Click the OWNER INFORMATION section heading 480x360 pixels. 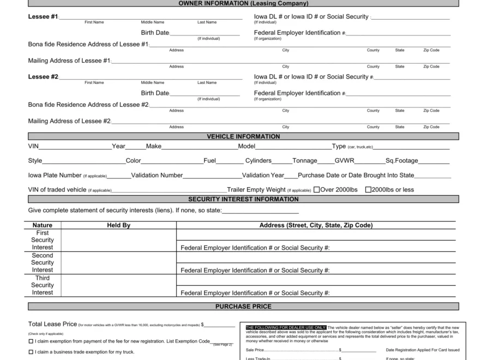tap(243, 3)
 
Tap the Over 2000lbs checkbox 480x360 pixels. tap(316, 190)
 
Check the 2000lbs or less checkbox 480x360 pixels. tap(368, 190)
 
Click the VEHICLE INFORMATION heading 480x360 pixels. tap(243, 136)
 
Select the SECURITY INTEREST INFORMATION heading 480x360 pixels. tap(243, 199)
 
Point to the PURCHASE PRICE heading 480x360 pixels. tap(243, 307)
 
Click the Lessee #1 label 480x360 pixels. tap(43, 16)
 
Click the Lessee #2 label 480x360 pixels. tap(43, 77)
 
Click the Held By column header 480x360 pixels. tap(118, 225)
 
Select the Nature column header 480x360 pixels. tap(43, 225)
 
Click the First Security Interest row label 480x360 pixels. tap(43, 240)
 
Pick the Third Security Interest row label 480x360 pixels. tap(43, 285)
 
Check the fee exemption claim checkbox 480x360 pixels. tap(31, 341)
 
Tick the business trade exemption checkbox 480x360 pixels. tap(31, 352)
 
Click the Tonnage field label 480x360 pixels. tap(305, 161)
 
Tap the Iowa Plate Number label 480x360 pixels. tap(55, 176)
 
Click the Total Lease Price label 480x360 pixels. tap(52, 324)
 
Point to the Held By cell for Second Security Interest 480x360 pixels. tap(118, 263)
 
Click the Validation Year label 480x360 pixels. tap(263, 176)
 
